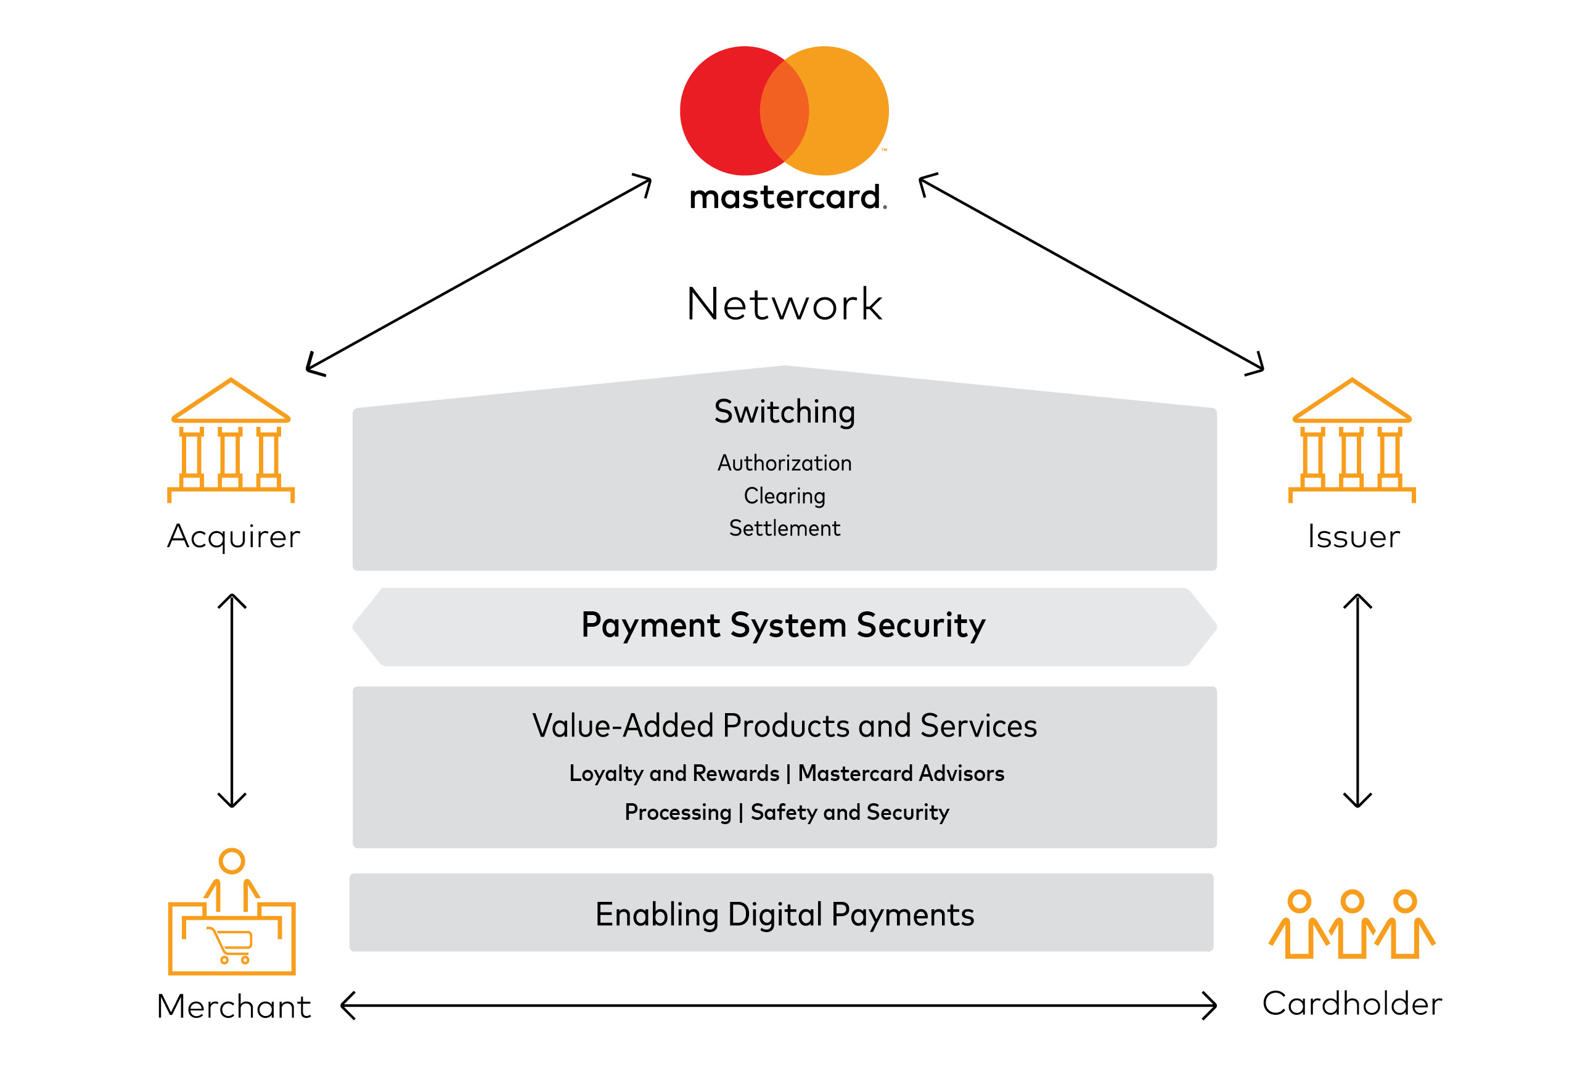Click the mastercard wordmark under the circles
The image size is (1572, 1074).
pos(786,197)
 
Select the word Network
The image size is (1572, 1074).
pos(785,304)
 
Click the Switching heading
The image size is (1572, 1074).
pos(785,411)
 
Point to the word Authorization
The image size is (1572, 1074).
pos(785,463)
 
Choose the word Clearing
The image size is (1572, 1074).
pos(785,495)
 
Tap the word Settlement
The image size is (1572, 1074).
pos(785,528)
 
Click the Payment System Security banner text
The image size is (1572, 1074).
pos(784,625)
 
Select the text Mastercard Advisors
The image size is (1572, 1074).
pos(901,773)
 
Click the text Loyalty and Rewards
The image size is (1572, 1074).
pos(674,773)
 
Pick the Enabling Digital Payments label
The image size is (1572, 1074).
pos(785,914)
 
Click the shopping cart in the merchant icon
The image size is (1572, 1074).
pos(232,943)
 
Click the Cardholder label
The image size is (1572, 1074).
pos(1351,1004)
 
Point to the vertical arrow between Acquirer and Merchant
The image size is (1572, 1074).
pos(232,700)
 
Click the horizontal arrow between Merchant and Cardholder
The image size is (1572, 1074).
pos(778,1006)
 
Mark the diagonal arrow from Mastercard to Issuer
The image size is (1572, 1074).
pos(1091,273)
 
